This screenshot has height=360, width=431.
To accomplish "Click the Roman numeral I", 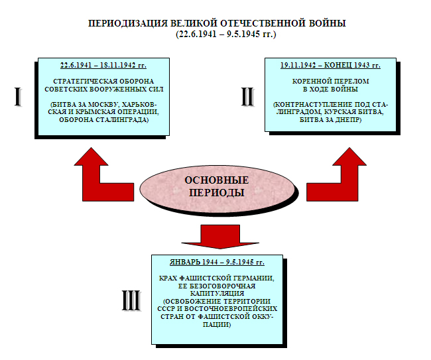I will (19, 97).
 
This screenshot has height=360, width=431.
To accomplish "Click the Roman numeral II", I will (247, 97).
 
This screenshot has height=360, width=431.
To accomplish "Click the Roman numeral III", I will (131, 302).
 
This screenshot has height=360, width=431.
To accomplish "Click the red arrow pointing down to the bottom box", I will (216, 233).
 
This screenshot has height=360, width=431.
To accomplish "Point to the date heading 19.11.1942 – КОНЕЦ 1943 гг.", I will (331, 66).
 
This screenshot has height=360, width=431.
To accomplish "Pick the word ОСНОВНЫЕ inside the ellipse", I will (216, 180).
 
